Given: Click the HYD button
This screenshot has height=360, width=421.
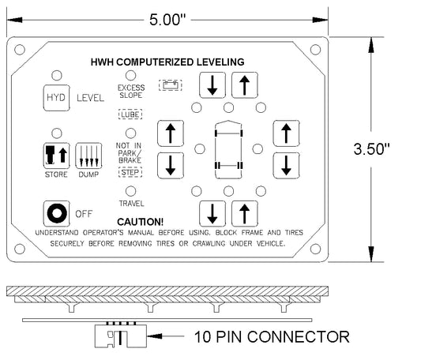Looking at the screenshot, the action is pyautogui.click(x=56, y=98).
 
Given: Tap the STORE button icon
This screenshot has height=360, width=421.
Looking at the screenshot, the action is pyautogui.click(x=56, y=156).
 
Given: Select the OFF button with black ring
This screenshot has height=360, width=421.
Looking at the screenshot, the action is pyautogui.click(x=56, y=214).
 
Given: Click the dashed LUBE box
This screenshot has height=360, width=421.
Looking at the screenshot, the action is pyautogui.click(x=130, y=114).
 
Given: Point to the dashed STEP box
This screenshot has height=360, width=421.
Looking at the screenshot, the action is pyautogui.click(x=130, y=172).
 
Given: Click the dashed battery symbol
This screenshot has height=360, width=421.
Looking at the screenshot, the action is pyautogui.click(x=171, y=85).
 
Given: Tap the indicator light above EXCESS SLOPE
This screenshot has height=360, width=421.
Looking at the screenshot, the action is pyautogui.click(x=131, y=76).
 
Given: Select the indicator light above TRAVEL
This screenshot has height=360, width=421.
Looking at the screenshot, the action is pyautogui.click(x=131, y=191).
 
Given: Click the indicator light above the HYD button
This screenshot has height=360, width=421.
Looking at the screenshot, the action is pyautogui.click(x=57, y=76).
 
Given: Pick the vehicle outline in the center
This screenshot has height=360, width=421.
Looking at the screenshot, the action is pyautogui.click(x=228, y=149).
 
